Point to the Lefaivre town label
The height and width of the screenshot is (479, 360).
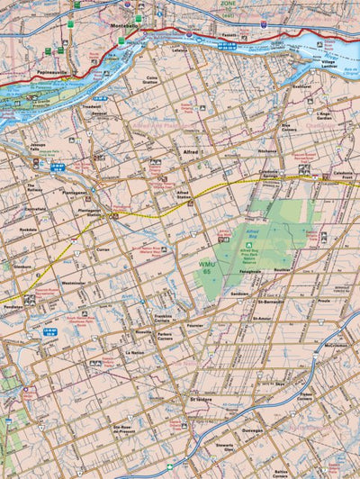pos(179,50)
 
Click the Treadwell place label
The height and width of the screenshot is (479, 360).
pos(92,105)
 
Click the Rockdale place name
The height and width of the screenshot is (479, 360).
pos(28,229)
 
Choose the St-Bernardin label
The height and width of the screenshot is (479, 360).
pos(269,303)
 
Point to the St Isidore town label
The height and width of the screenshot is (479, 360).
pos(201,396)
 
